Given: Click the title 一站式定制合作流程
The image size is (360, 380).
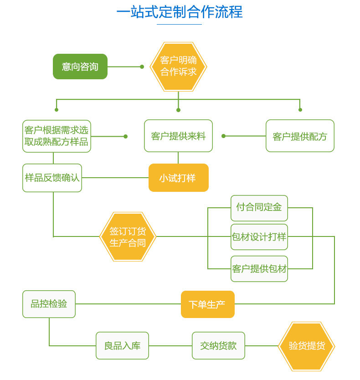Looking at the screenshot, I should coord(180,12).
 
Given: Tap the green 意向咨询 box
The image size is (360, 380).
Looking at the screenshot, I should coord(80,67).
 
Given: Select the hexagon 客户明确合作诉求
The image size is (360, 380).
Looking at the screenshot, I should coord(179,67).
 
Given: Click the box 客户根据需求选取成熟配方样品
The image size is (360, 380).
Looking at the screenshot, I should coord(57,136).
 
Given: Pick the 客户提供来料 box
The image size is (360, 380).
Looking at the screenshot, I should coord(178,136).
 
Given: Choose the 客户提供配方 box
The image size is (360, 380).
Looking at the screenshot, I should coord(300,136).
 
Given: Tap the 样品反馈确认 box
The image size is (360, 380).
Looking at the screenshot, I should coord(52,178).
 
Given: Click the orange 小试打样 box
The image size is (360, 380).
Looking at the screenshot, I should coord(178,178).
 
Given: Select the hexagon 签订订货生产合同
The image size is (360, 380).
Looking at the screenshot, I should coord(128,236).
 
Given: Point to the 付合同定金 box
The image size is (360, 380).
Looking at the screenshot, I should coord(259,208).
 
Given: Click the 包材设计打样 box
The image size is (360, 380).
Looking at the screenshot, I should coord(259,237).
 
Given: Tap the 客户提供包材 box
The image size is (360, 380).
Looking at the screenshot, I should coord(259,269).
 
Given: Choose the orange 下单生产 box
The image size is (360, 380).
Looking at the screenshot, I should coord(207,304).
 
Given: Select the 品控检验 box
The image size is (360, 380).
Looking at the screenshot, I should coord(49,304).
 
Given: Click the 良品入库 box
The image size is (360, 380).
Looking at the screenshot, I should coord(122,345).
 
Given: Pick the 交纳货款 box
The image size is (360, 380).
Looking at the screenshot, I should coord(218,345).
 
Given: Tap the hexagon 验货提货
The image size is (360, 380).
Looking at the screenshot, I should coord(306,346).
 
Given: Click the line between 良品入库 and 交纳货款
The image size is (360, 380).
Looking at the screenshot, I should coord(170,346).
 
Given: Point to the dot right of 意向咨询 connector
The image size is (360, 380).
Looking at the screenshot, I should coord(142,67).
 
